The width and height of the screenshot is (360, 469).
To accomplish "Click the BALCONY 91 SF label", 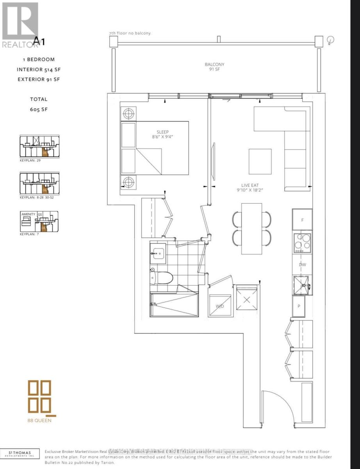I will [x=214, y=67].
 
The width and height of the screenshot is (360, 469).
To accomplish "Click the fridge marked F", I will [x=302, y=220].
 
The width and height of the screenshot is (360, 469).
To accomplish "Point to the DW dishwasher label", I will [x=302, y=265].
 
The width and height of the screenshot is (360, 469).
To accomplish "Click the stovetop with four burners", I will [x=302, y=242].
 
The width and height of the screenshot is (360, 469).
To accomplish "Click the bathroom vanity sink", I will [x=158, y=253].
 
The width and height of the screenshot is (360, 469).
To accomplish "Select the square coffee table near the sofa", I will [x=260, y=161].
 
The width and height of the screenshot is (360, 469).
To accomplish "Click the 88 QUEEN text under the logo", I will [x=39, y=420].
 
